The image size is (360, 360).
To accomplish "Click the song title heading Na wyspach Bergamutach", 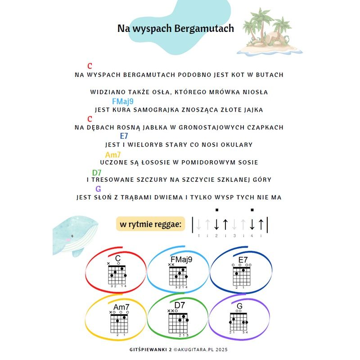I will click(175, 28).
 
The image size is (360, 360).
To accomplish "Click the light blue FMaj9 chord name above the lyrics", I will click(123, 102).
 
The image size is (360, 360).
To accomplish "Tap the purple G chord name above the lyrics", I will click(98, 189).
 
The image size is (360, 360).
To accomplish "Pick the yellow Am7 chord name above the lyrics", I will click(113, 155).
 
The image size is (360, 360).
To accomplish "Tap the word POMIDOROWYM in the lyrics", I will click(207, 162).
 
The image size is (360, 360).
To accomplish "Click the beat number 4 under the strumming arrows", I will click(252, 235).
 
